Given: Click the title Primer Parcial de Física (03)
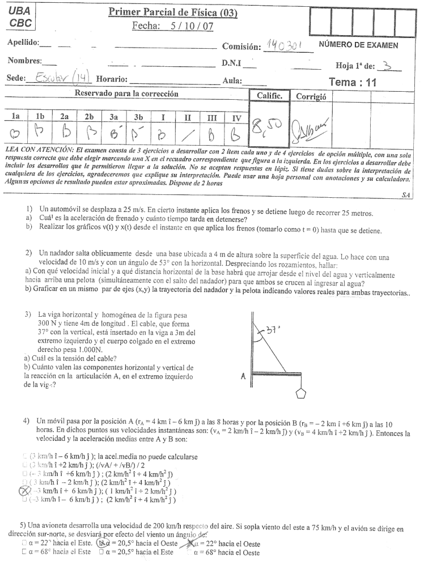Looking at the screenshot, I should point(173,12).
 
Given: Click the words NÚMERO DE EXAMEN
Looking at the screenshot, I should point(358,45).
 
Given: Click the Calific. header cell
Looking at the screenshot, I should point(270,96).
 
